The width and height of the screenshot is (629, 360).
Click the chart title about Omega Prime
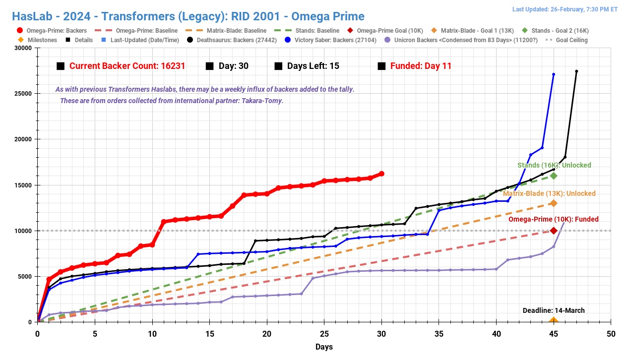pyautogui.click(x=188, y=16)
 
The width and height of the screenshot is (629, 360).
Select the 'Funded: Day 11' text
pyautogui.click(x=421, y=66)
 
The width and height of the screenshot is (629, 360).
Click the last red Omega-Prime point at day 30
pyautogui.click(x=381, y=174)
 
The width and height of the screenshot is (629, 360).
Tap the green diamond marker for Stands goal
pyautogui.click(x=554, y=176)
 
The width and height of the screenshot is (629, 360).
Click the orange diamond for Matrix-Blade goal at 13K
pyautogui.click(x=554, y=203)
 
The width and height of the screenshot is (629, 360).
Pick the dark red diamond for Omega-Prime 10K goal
pyautogui.click(x=554, y=231)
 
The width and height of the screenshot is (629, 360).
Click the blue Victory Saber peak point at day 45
pyautogui.click(x=554, y=74)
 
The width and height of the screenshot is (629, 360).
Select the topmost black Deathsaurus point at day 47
pyautogui.click(x=576, y=71)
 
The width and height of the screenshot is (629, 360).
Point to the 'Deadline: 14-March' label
pyautogui.click(x=554, y=310)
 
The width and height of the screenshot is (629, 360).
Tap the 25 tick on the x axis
pyautogui.click(x=324, y=334)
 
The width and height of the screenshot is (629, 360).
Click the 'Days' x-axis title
pyautogui.click(x=324, y=347)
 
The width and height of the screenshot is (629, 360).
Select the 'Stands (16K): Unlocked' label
pyautogui.click(x=554, y=165)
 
